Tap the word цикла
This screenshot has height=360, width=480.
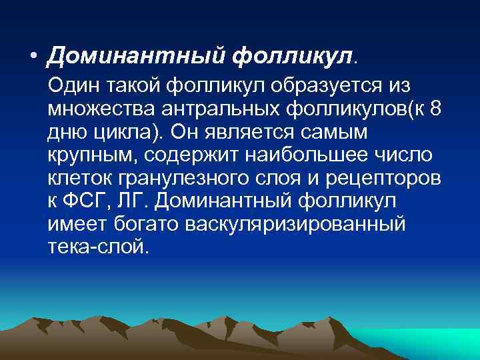pyautogui.click(x=124, y=132)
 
